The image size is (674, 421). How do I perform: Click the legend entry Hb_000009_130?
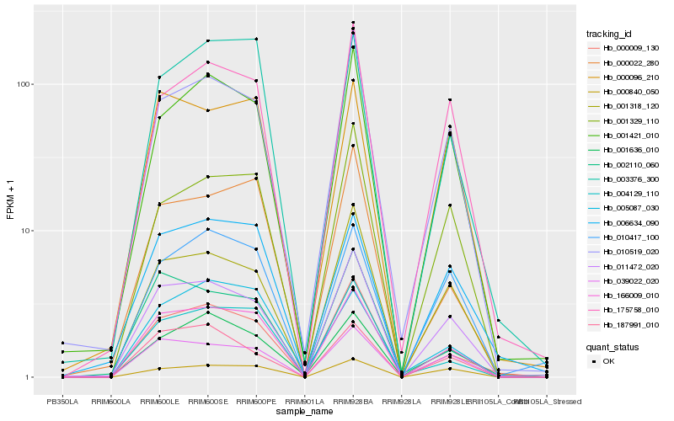click(x=627, y=48)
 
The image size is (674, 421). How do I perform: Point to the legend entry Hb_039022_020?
click(x=627, y=280)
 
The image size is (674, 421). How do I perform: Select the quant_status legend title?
click(x=612, y=346)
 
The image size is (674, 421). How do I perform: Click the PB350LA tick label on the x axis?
click(x=62, y=402)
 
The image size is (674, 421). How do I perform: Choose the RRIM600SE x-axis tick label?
click(x=207, y=402)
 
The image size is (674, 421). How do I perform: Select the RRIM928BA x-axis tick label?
click(x=353, y=402)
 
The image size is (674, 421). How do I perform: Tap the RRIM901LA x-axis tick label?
click(x=304, y=402)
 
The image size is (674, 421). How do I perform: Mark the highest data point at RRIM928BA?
click(x=353, y=22)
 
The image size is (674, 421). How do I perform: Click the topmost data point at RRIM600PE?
click(x=256, y=39)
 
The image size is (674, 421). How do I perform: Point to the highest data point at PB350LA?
click(x=62, y=343)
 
